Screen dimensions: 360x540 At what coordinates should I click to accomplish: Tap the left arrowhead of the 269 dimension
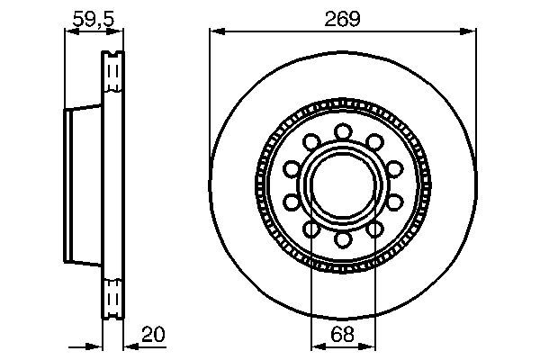point(216,32)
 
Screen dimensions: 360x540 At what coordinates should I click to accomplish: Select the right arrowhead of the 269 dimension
point(468,32)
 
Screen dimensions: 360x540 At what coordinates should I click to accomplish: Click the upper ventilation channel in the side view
point(112,72)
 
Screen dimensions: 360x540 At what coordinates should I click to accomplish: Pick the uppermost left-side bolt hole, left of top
point(311,142)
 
